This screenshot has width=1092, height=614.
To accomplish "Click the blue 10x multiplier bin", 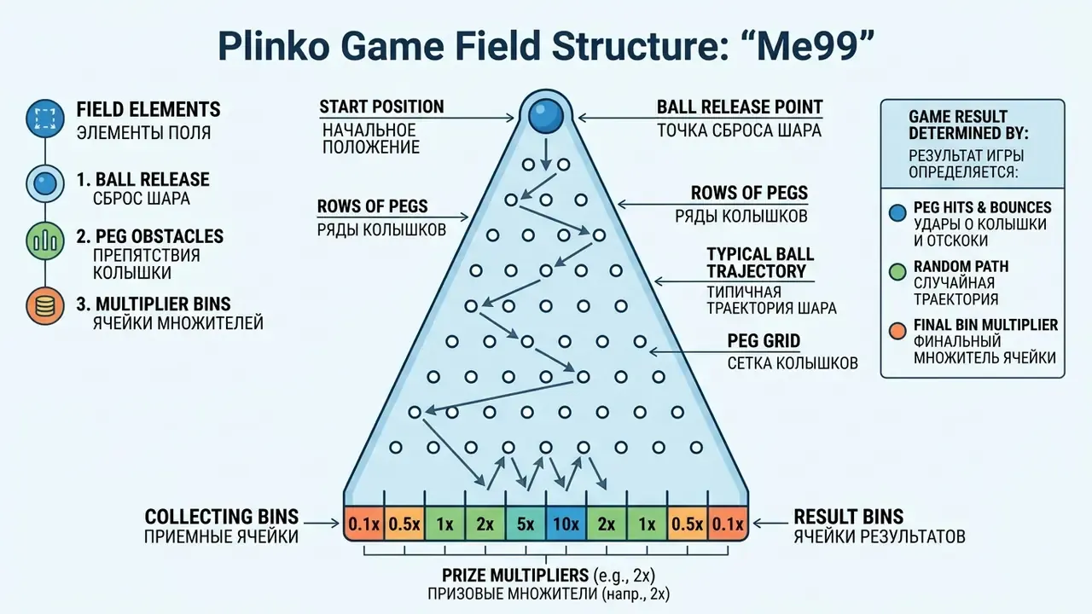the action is (566, 524).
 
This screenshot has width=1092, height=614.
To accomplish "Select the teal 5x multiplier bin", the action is (526, 524).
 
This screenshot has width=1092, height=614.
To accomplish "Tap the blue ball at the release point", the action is (546, 117).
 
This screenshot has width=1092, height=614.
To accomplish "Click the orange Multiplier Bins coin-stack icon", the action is (45, 306).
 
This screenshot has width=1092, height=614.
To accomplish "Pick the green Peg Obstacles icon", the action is (45, 240).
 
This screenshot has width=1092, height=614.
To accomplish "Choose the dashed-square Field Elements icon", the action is (45, 119).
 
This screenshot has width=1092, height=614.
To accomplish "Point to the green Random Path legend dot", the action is (897, 272).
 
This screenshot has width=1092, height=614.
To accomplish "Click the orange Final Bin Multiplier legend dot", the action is (897, 330).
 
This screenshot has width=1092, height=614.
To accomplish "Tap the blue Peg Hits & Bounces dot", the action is (897, 213).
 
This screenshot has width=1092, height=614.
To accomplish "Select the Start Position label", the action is (381, 107).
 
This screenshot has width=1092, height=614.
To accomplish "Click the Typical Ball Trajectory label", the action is (760, 263).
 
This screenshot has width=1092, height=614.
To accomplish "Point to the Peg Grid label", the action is (764, 340).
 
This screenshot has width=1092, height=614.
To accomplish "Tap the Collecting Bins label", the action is (222, 517).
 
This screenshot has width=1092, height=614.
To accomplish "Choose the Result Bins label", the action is (849, 517).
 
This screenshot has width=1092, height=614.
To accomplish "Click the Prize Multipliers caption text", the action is (549, 576).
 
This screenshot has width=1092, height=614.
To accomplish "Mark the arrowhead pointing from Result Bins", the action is (757, 524).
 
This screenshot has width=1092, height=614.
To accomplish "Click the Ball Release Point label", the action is (740, 107).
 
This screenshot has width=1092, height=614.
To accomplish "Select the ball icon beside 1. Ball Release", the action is (45, 183).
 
